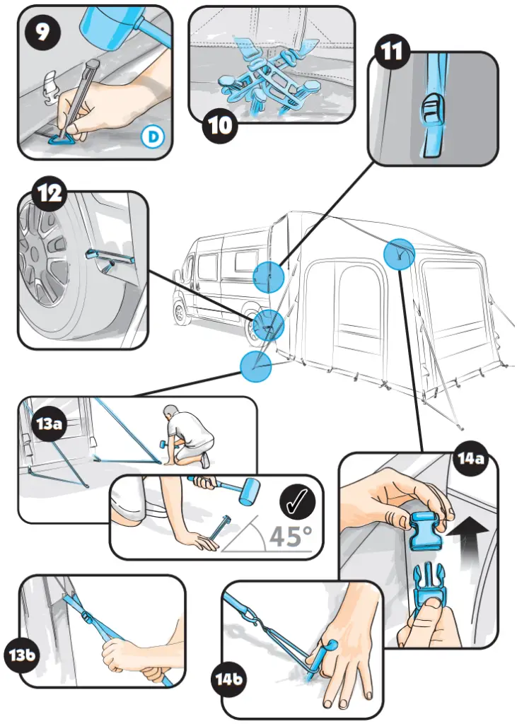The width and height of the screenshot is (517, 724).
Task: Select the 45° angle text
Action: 290,535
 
